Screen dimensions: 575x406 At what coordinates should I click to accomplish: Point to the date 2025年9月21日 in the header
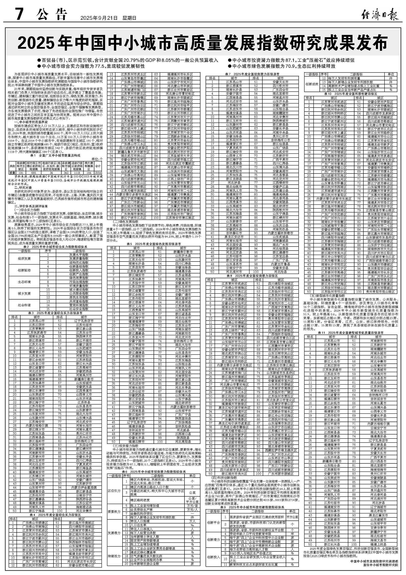pos(99,18)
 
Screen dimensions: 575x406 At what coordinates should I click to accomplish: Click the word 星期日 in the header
pos(130,18)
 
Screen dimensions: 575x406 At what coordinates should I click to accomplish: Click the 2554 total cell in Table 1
pos(98,172)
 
